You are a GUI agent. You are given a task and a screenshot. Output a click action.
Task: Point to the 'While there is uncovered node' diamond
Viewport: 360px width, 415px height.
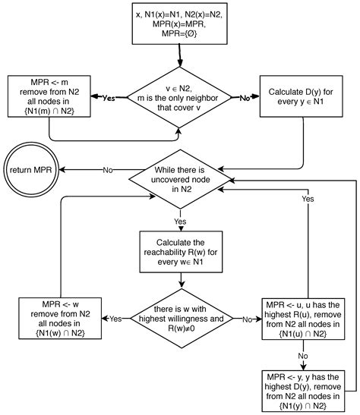(x=180, y=180)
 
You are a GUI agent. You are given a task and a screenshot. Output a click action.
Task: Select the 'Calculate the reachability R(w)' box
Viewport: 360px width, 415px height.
(x=180, y=251)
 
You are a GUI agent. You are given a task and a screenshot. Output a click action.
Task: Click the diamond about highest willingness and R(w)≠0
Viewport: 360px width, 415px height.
(x=180, y=319)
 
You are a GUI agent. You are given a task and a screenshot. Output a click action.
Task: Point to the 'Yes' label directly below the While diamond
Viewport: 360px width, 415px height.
(x=181, y=222)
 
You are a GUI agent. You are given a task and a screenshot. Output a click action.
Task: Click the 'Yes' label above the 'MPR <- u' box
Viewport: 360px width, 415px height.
(x=308, y=199)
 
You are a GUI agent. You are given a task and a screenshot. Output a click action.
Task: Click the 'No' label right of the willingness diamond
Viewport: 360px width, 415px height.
(x=246, y=319)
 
